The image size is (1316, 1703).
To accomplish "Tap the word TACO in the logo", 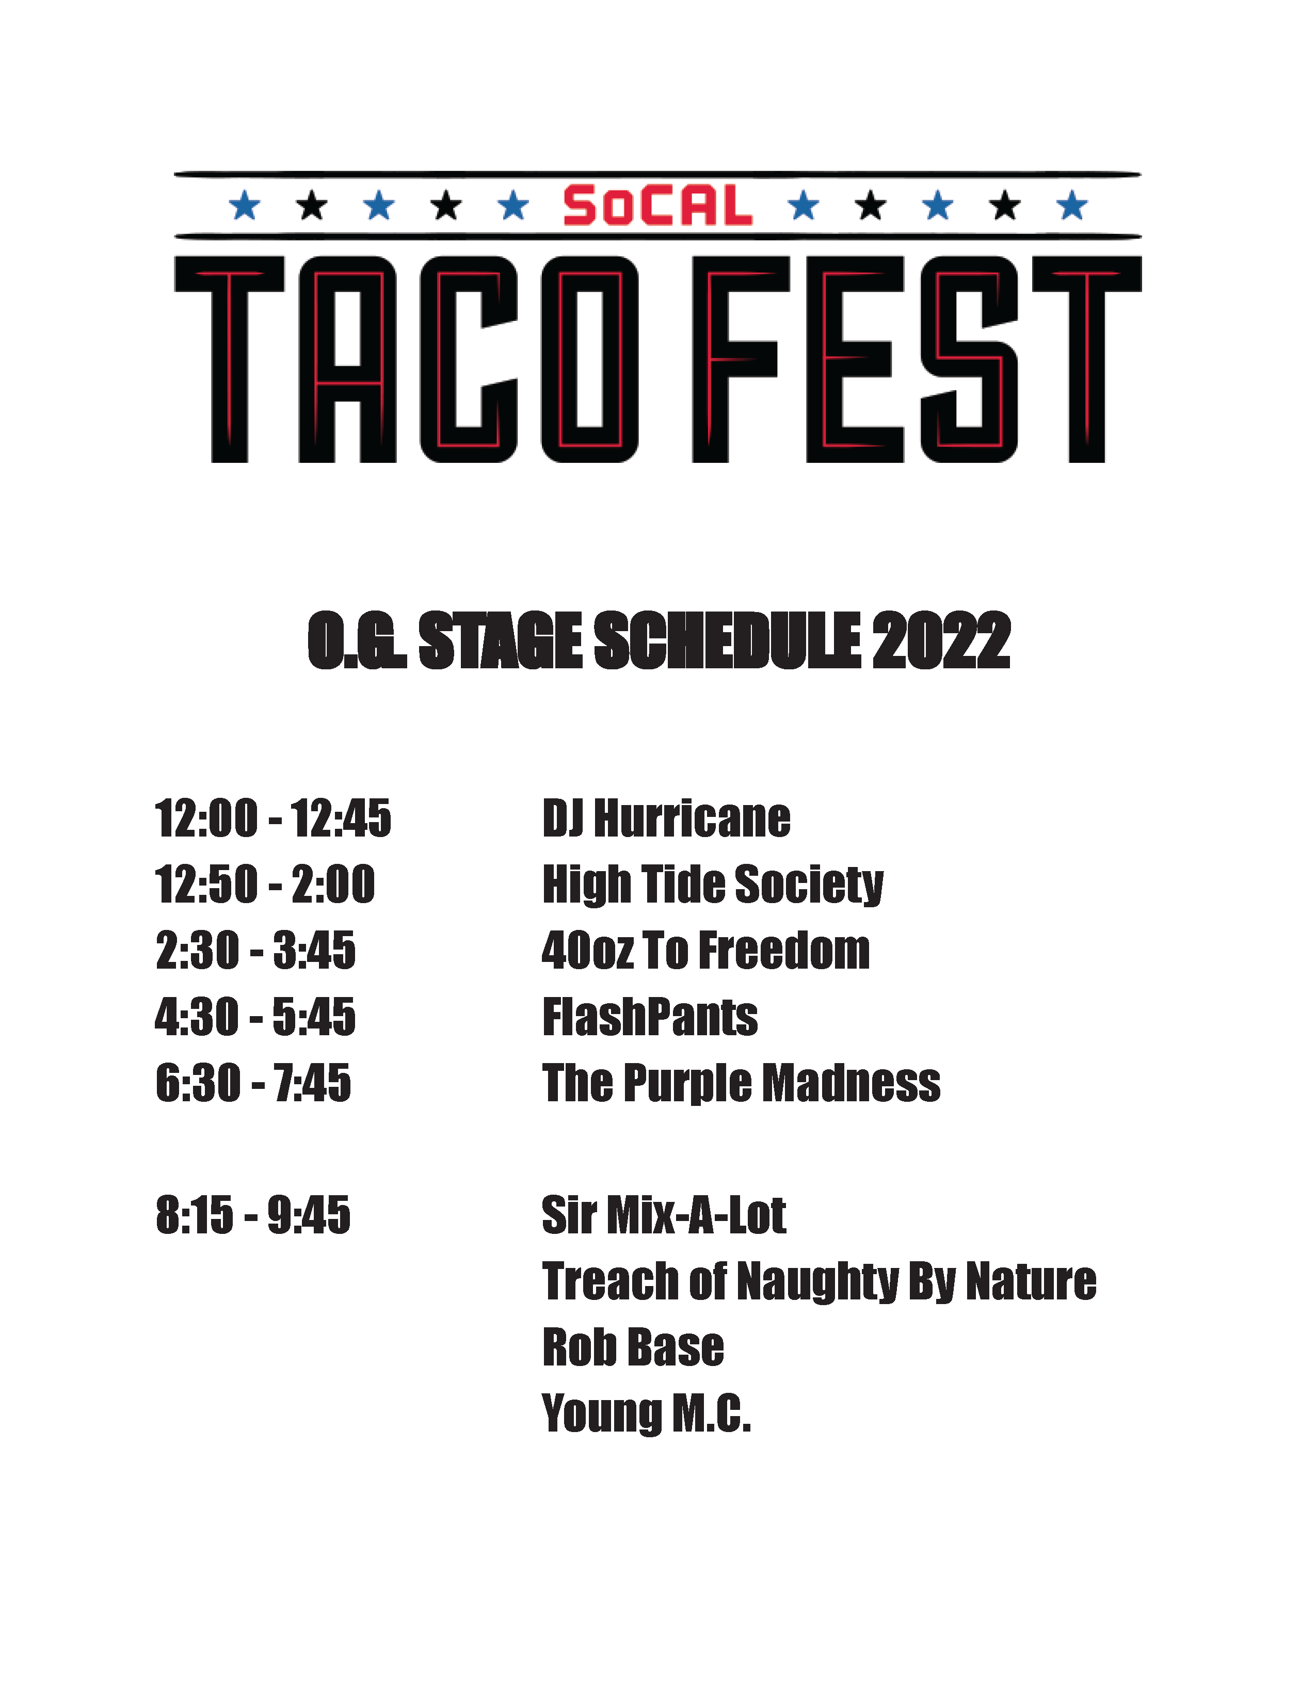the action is point(406,360).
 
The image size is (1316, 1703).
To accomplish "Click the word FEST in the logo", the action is point(917,360).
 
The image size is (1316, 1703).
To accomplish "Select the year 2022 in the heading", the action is point(941,640).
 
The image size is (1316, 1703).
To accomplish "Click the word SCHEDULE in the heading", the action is point(728,640).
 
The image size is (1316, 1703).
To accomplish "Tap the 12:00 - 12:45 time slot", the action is point(273,819).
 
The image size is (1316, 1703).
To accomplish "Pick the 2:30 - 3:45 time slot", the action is point(255,951).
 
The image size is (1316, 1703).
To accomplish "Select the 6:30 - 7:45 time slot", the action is point(253,1083).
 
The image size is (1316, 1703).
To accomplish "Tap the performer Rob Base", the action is point(633,1347).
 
